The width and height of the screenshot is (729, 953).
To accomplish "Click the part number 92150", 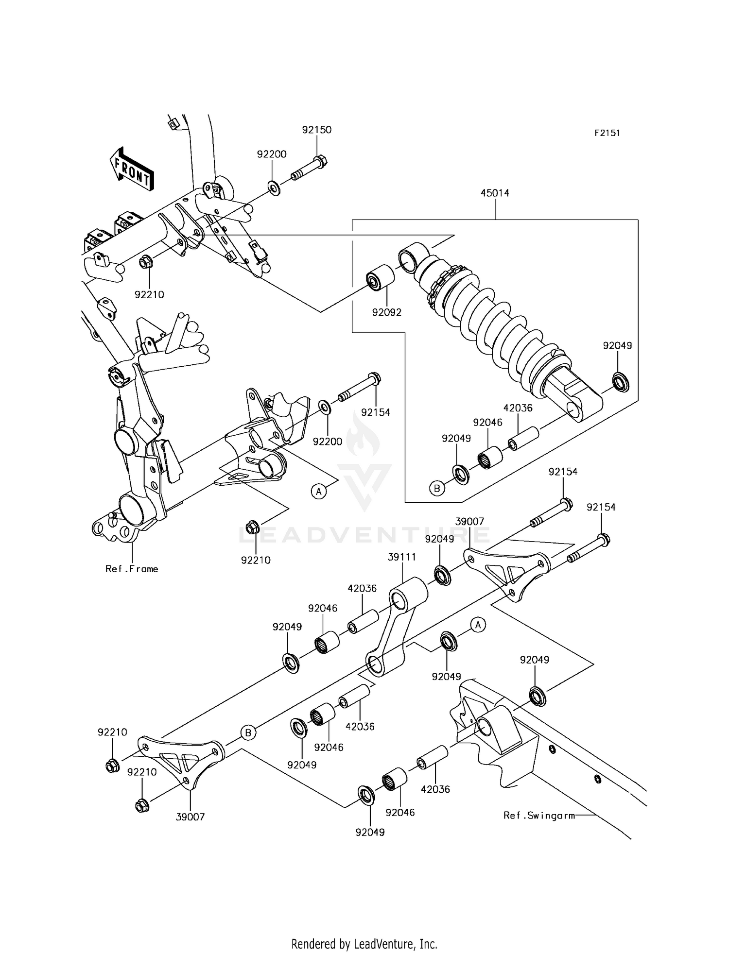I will click(x=316, y=130).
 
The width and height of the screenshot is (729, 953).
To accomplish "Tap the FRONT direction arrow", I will click(x=131, y=169).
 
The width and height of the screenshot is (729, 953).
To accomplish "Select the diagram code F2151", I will click(x=607, y=133).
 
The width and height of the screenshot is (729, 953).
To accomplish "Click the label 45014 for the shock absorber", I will click(x=495, y=193).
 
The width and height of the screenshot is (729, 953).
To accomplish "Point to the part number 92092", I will click(x=387, y=312).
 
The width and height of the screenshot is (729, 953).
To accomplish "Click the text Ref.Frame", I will click(x=132, y=569).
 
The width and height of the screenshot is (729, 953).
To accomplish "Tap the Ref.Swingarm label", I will click(x=539, y=816).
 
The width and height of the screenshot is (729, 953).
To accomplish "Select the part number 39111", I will click(x=401, y=557).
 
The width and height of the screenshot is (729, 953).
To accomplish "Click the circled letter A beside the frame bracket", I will click(x=318, y=492).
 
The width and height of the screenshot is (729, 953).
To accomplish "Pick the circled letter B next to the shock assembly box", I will click(x=436, y=488).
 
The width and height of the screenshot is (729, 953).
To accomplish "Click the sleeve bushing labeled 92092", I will click(x=379, y=277).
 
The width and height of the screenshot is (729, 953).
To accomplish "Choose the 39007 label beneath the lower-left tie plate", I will click(x=190, y=817).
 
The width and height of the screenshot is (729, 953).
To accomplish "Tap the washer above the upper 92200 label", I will click(x=273, y=187).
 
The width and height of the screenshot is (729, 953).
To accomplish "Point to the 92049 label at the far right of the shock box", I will click(x=617, y=345).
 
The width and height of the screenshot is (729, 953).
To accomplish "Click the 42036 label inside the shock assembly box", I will click(x=518, y=408).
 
